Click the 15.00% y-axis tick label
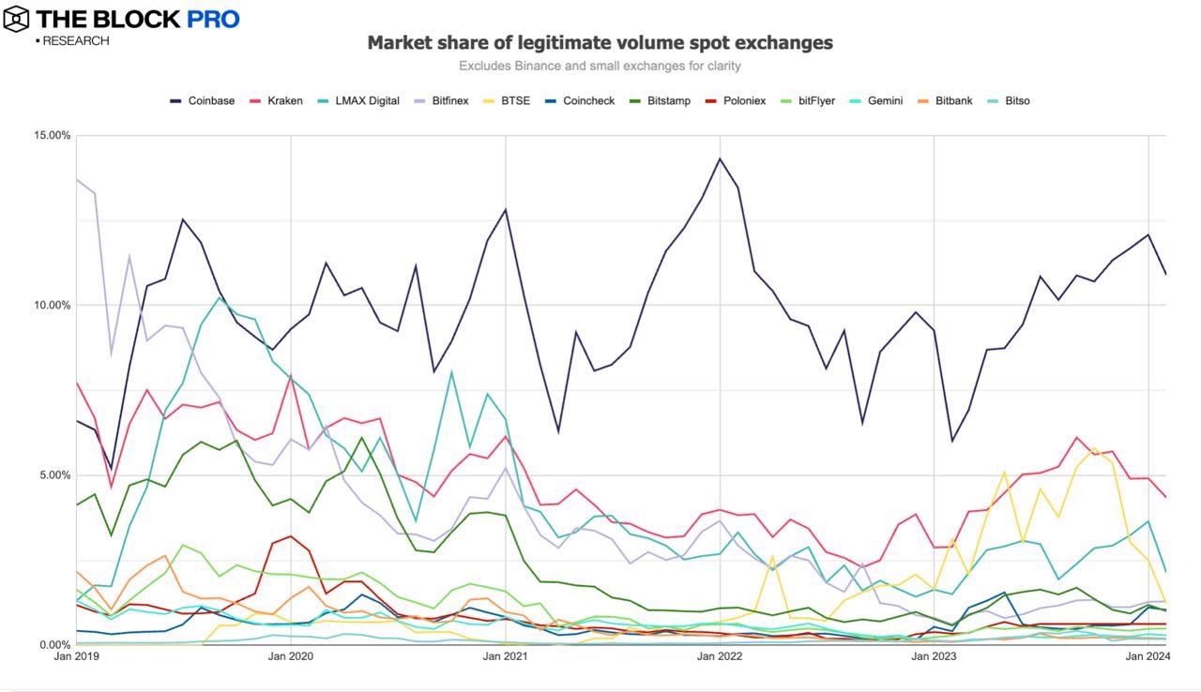[x=52, y=135]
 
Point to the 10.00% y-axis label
[x=52, y=305]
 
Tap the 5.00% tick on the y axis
[x=54, y=474]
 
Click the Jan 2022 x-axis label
[x=720, y=656]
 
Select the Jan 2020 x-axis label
[x=291, y=656]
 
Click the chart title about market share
[x=600, y=42]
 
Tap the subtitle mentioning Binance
[x=600, y=66]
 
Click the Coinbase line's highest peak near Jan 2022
[x=720, y=158]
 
